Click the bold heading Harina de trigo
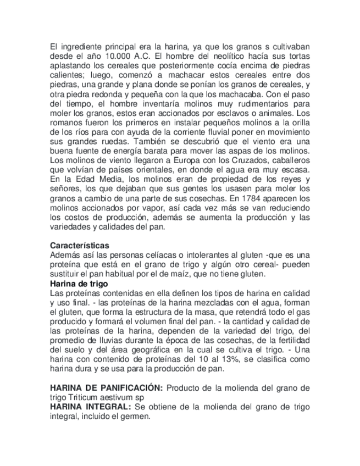point(79,283)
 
